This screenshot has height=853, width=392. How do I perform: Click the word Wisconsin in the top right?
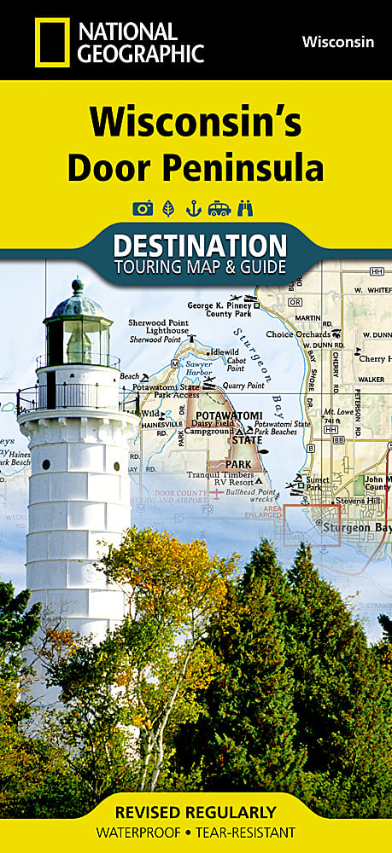click(336, 41)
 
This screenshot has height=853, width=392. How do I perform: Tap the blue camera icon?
click(142, 207)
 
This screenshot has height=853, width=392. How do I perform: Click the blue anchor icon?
click(194, 207)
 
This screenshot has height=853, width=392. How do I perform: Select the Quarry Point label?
click(243, 385)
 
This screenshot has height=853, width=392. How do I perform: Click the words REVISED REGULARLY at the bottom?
click(196, 811)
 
